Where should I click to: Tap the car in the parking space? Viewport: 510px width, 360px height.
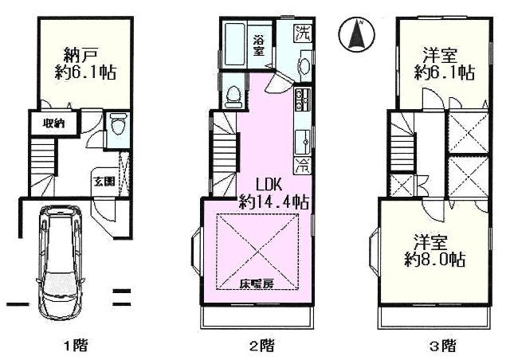click(60, 262)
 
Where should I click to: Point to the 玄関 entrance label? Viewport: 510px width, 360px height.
click(104, 180)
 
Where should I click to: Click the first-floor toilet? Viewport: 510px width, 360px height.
click(116, 126)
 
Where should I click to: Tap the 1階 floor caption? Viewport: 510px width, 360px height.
click(76, 346)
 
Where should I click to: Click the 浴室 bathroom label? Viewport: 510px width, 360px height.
click(259, 44)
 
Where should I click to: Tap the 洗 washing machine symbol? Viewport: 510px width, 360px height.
click(302, 33)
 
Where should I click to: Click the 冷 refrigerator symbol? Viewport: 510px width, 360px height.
click(304, 166)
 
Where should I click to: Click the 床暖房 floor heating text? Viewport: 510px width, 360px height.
click(253, 284)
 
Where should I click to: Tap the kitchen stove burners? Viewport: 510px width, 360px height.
click(304, 101)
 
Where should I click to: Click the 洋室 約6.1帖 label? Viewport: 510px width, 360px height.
click(445, 65)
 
